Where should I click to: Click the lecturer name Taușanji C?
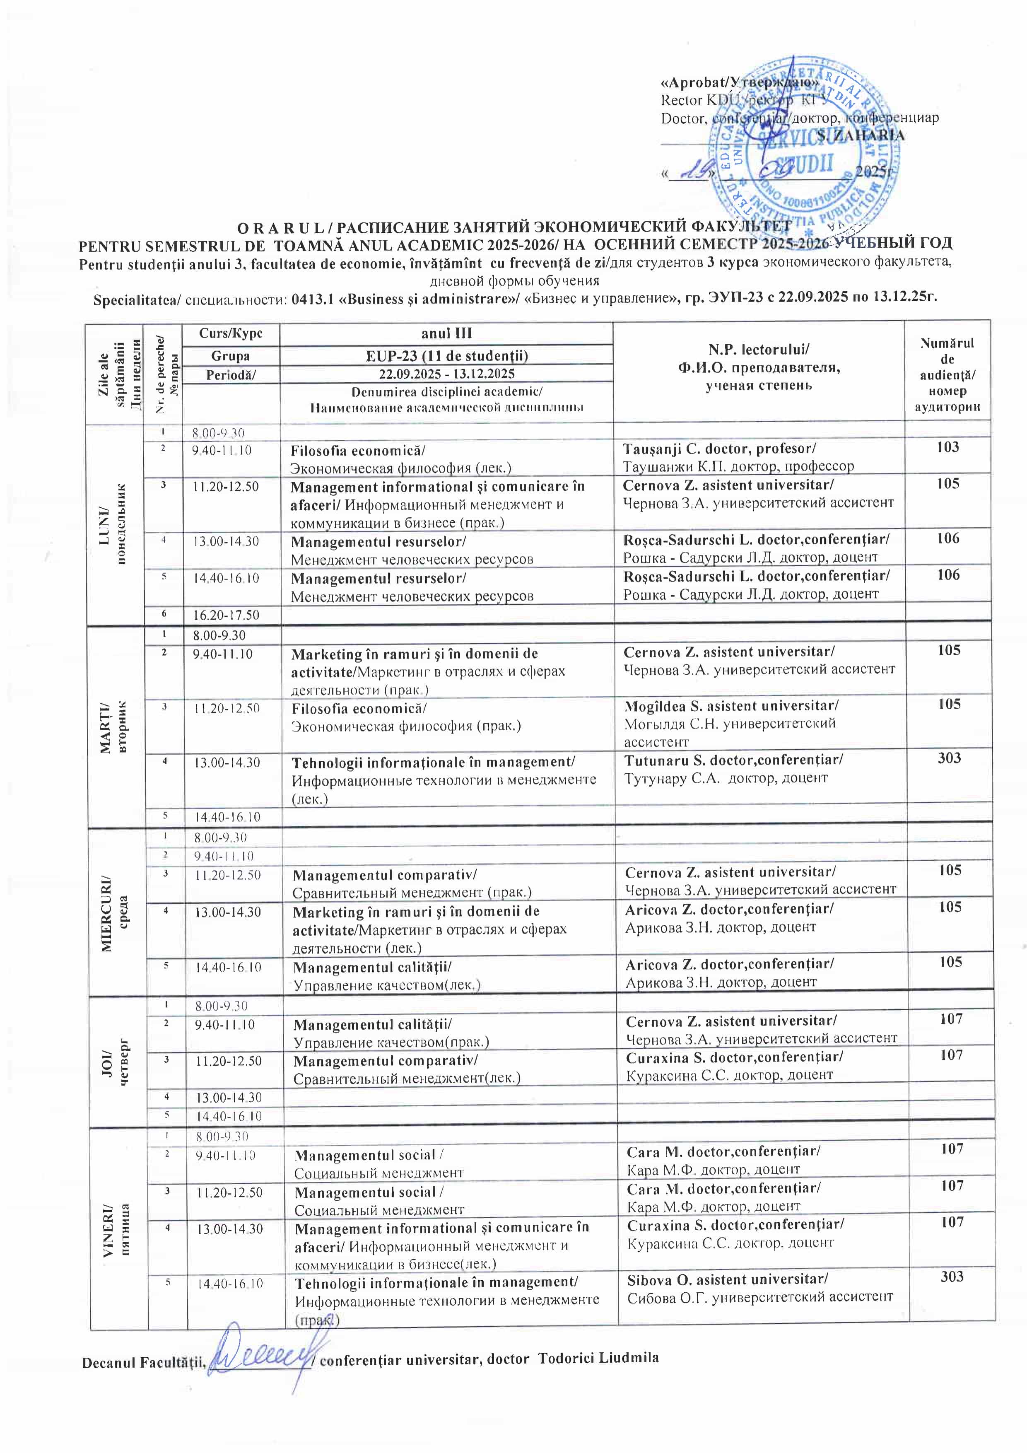tap(719, 449)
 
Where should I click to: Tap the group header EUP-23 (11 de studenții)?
tap(446, 356)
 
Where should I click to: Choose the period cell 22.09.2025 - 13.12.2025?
tap(446, 374)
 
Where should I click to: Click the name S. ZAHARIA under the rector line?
tap(860, 135)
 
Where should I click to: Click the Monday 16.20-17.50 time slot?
tap(227, 615)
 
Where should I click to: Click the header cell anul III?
tap(446, 333)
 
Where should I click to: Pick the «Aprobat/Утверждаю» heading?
tap(739, 83)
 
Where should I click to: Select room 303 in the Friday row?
tap(952, 1277)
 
